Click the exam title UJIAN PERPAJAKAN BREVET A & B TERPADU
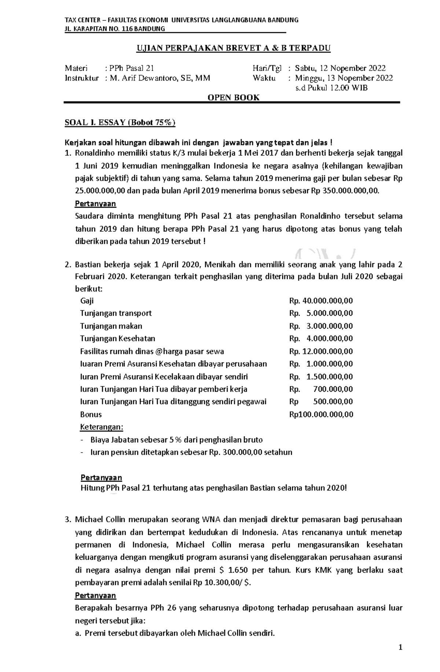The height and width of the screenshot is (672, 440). (234, 48)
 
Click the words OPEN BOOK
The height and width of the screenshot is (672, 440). (234, 97)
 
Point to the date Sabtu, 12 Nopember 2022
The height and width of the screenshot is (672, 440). (340, 68)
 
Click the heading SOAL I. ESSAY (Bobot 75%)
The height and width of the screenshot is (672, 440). (120, 123)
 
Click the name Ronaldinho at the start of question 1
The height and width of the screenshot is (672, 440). (94, 153)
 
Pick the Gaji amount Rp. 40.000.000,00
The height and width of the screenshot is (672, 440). (321, 301)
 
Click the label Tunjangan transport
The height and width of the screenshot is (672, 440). (115, 313)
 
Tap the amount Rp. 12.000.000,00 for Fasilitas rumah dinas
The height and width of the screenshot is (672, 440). (321, 351)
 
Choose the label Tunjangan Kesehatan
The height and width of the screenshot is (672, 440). (117, 338)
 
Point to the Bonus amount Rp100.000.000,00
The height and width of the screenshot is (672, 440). (321, 415)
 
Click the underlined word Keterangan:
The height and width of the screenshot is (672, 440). (102, 427)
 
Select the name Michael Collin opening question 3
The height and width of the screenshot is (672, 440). (98, 519)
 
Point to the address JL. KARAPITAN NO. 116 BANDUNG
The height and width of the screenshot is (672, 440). (115, 29)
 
